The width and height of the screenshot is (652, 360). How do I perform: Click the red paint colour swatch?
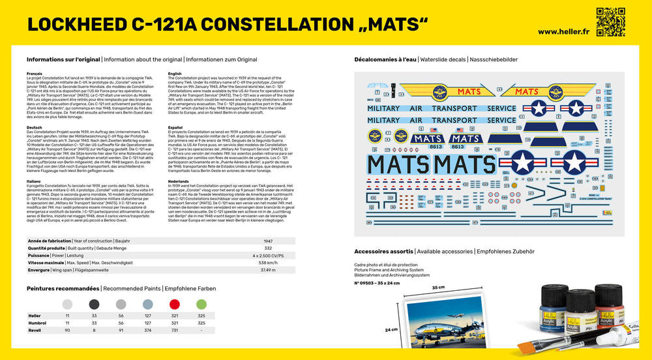pos(174,304)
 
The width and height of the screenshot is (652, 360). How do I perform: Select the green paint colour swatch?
pos(201,304)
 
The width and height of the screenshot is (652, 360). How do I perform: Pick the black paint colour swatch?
pos(94,304)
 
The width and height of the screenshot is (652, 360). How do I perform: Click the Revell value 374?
pos(147,330)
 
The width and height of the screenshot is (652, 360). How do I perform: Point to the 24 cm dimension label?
pos(391,329)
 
